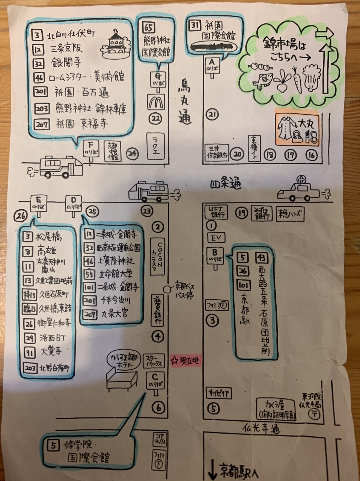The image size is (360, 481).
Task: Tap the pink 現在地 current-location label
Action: coord(185,361)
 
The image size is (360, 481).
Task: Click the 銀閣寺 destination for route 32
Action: coord(66,62)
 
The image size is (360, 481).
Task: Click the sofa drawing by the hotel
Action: coord(121,381)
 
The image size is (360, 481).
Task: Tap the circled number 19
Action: coord(243,213)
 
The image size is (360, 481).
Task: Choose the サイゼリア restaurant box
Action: coord(218,393)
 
